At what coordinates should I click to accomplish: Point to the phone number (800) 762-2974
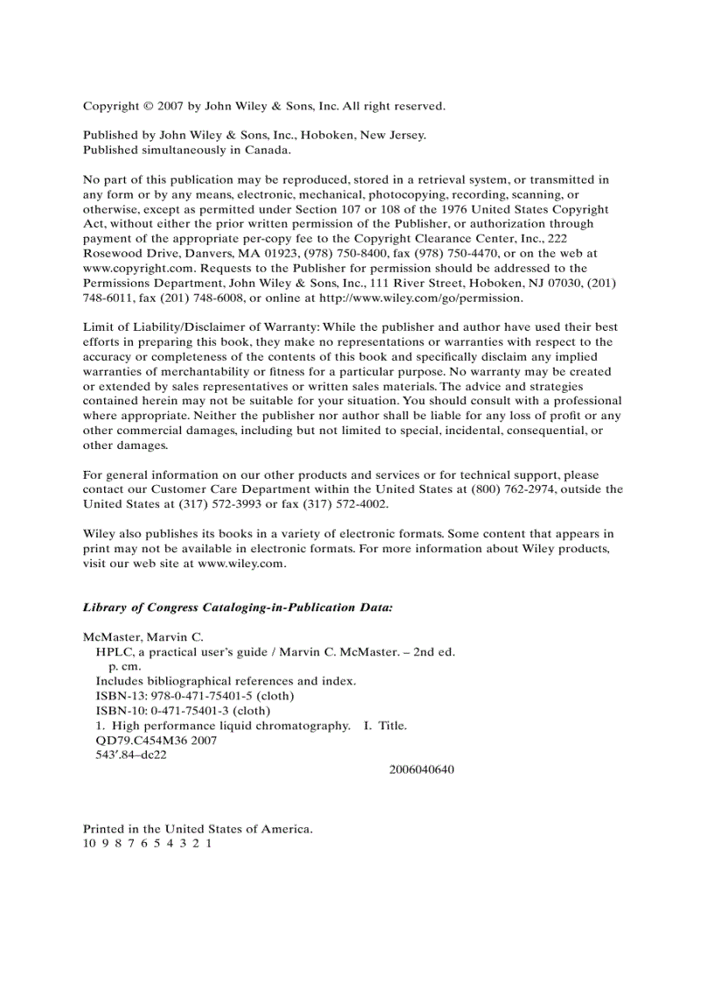click(490, 489)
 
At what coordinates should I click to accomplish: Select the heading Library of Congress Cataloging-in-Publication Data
click(237, 607)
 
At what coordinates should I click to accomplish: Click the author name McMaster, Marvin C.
click(143, 636)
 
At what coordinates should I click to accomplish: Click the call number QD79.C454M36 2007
click(156, 741)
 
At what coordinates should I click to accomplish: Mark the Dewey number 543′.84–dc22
click(131, 755)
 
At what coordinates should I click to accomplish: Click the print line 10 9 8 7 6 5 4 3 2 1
click(148, 844)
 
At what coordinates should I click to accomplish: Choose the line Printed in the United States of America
click(198, 829)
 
